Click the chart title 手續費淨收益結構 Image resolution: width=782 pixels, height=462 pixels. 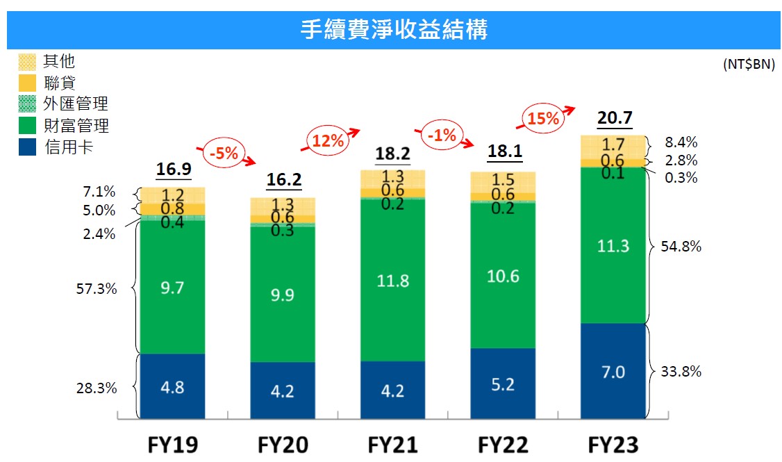coord(394,29)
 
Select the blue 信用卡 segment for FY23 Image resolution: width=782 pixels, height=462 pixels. coord(613,371)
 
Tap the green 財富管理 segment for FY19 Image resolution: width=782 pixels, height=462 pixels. coord(172,287)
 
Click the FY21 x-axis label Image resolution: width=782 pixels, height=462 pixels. coord(393,445)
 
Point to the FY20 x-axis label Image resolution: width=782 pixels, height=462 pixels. coord(283,445)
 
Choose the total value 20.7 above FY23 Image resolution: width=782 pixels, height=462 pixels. coord(615,117)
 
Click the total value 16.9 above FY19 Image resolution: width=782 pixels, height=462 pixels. coord(174,169)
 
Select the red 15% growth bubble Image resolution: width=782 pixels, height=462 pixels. coord(543,119)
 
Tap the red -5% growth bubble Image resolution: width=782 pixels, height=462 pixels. coord(224,153)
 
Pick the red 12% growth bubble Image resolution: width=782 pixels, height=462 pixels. coord(328,141)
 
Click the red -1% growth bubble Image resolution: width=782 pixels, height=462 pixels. coord(442,135)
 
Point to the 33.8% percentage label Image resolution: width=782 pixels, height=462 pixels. coord(681,371)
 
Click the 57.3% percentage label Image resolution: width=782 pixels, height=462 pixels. coord(97,288)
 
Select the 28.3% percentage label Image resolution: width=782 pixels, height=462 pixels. coord(97,388)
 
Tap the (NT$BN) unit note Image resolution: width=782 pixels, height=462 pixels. coord(749,65)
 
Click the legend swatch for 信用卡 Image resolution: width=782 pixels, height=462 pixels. coord(27,147)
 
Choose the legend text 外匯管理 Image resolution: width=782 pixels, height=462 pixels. coord(76,104)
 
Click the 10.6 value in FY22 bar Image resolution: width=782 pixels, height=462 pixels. coord(503,276)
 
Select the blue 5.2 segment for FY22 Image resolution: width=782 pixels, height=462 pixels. coord(503,383)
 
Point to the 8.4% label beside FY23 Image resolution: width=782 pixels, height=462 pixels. coord(681,142)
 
